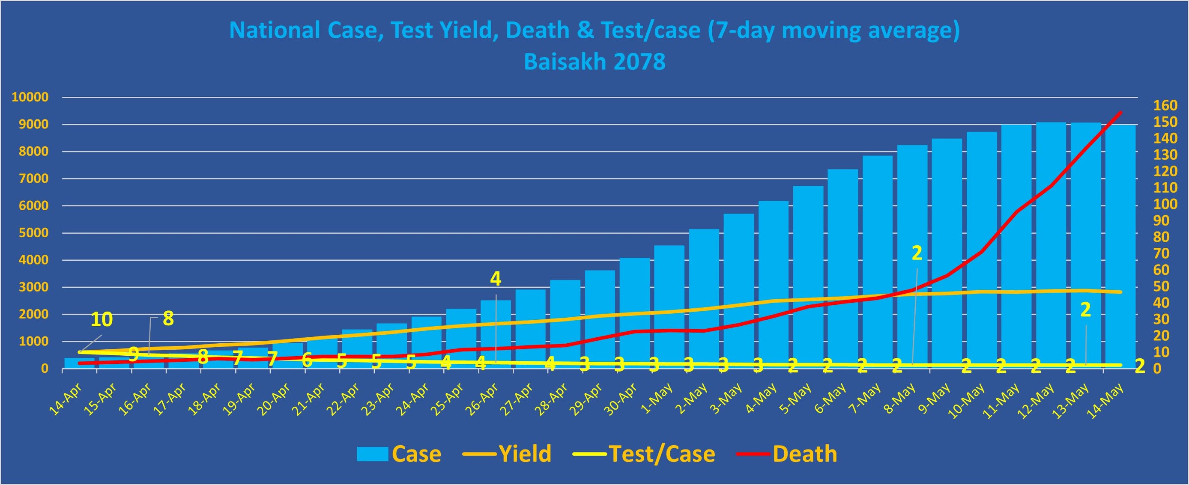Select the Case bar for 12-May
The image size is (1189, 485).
click(x=1051, y=244)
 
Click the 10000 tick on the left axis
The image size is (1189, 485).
click(x=30, y=97)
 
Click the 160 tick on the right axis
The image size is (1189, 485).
click(x=1165, y=106)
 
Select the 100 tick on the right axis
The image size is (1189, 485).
click(x=1165, y=204)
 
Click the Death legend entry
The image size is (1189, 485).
click(x=804, y=454)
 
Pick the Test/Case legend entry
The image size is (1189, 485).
click(x=662, y=454)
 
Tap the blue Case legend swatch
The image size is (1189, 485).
click(x=372, y=454)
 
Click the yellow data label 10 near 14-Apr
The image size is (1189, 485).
click(x=102, y=319)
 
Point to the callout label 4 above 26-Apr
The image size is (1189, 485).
click(x=496, y=279)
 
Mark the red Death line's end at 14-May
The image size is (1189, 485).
click(x=1121, y=112)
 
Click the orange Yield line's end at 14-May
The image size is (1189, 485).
click(x=1121, y=292)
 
